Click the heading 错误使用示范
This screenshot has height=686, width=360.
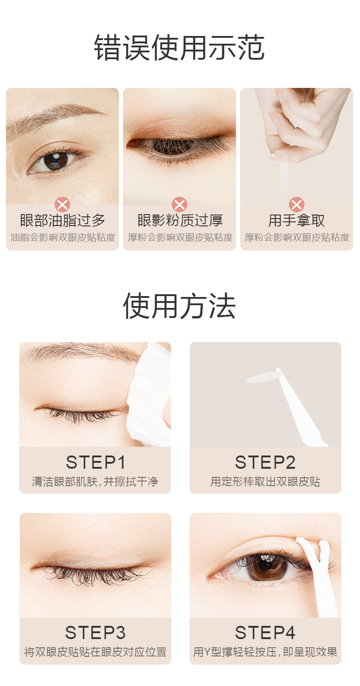point(179,47)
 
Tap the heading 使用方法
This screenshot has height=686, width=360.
point(179,306)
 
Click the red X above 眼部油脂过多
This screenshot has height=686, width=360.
point(62,205)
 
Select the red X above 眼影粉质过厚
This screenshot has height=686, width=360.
point(180,205)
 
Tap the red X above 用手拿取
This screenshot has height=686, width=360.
point(297,205)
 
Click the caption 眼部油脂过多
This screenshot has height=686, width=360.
point(62,220)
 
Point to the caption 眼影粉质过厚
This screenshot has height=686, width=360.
point(180,220)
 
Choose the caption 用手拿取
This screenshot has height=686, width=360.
point(297,220)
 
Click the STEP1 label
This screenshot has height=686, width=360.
point(96,462)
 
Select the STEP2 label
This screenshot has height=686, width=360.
point(265,462)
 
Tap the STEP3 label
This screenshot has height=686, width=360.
point(95,633)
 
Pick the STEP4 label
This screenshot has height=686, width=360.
point(265,633)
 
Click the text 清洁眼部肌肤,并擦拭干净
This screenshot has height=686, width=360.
point(95,482)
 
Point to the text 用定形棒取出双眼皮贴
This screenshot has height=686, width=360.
point(265,482)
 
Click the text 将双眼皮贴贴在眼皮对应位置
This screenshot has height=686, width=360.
point(95,652)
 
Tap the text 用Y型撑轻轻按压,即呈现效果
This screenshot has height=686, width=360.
point(265,652)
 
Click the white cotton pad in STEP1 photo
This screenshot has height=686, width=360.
point(150,398)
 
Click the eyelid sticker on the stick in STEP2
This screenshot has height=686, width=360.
point(263,379)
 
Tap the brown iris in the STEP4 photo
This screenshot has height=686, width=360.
point(266,567)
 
